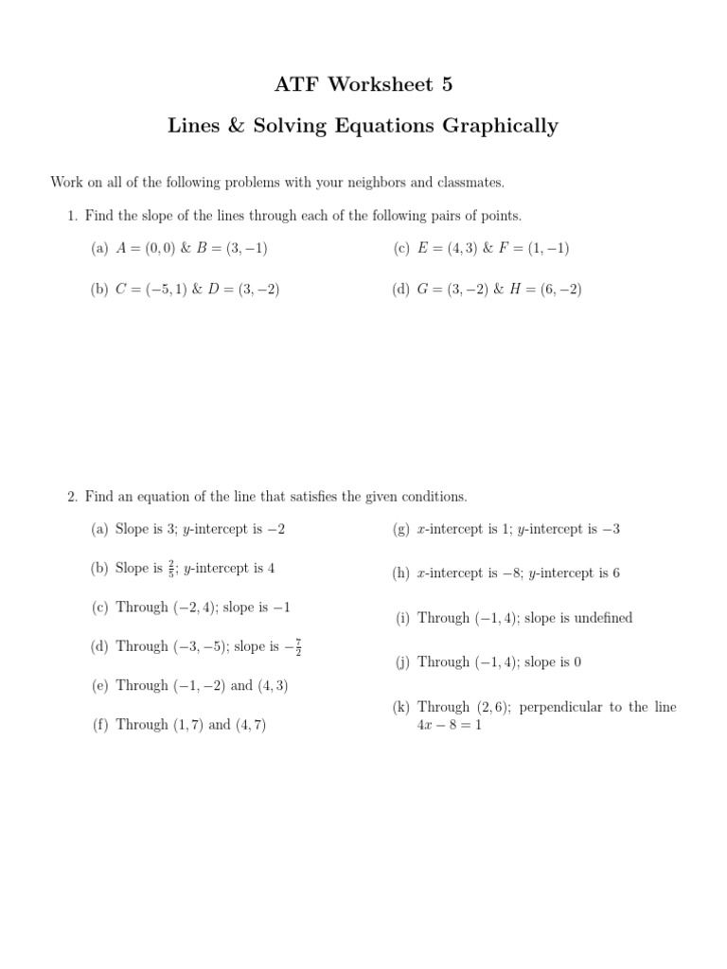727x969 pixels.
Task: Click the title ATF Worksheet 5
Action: pyautogui.click(x=363, y=85)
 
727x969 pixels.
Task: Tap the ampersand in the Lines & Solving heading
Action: pyautogui.click(x=236, y=126)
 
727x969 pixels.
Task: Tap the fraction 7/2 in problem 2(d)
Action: pyautogui.click(x=298, y=646)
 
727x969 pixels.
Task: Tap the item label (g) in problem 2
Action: pyautogui.click(x=401, y=529)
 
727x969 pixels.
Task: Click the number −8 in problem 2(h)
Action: pyautogui.click(x=513, y=573)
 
